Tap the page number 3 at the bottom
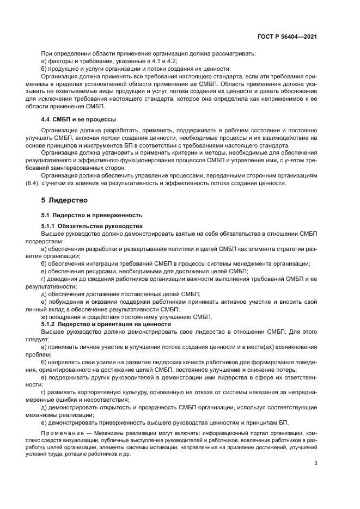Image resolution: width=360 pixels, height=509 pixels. (316, 464)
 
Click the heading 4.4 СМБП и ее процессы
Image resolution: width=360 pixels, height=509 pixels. (77, 119)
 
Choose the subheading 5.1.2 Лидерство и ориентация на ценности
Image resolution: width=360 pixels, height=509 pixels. (106, 323)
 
